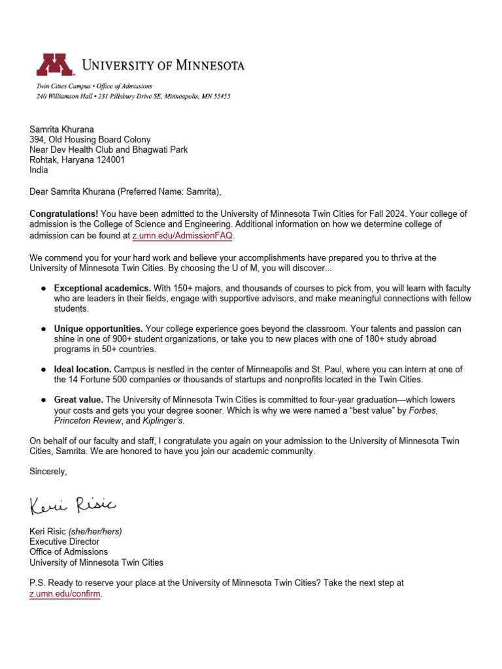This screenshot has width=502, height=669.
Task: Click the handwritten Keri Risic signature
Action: click(73, 504)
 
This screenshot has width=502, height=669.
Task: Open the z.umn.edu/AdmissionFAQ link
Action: click(182, 235)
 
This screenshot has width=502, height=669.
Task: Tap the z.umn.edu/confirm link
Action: click(65, 595)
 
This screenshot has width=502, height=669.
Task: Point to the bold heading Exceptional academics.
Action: click(103, 288)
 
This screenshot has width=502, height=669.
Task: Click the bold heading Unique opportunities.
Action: click(99, 328)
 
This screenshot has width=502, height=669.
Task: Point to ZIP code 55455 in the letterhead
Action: click(219, 97)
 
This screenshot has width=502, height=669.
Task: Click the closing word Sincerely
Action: click(48, 471)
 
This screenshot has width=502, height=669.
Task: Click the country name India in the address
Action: click(38, 170)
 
